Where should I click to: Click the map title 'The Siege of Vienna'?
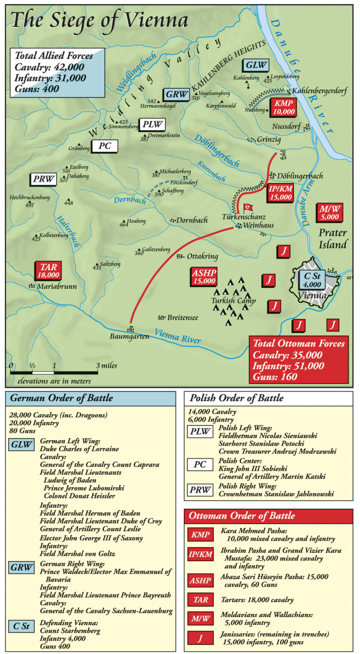[x=99, y=20]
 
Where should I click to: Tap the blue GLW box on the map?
[x=256, y=65]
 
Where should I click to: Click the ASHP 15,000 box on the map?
[x=204, y=277]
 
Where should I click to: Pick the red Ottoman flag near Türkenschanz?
[x=248, y=207]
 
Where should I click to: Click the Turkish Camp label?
[x=234, y=301]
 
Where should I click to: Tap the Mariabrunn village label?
[x=57, y=287]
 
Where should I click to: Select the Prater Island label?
[x=333, y=238]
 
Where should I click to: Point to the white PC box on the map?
[x=105, y=146]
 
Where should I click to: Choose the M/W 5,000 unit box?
[x=330, y=212]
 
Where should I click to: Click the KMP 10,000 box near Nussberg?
[x=283, y=107]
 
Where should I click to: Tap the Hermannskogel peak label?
[x=158, y=106]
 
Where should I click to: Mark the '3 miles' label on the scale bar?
[x=106, y=365]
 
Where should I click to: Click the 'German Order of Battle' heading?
[x=61, y=399]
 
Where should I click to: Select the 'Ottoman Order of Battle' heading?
[x=242, y=516]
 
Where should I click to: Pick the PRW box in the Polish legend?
[x=200, y=489]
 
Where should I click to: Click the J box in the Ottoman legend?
[x=200, y=637]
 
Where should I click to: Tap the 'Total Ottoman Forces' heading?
[x=299, y=344]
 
